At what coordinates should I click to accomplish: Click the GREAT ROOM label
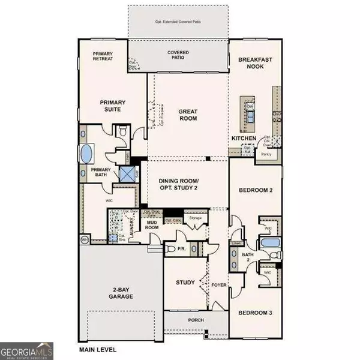(x=188, y=115)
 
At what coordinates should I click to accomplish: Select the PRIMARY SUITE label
(x=111, y=106)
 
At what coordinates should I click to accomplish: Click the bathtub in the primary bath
(x=87, y=153)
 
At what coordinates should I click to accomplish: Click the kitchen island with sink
(x=248, y=113)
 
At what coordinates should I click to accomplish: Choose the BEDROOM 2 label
(x=256, y=190)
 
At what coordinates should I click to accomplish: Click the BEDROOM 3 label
(x=255, y=313)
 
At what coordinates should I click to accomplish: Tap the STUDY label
(x=184, y=282)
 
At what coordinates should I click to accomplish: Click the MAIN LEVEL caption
(x=98, y=349)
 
